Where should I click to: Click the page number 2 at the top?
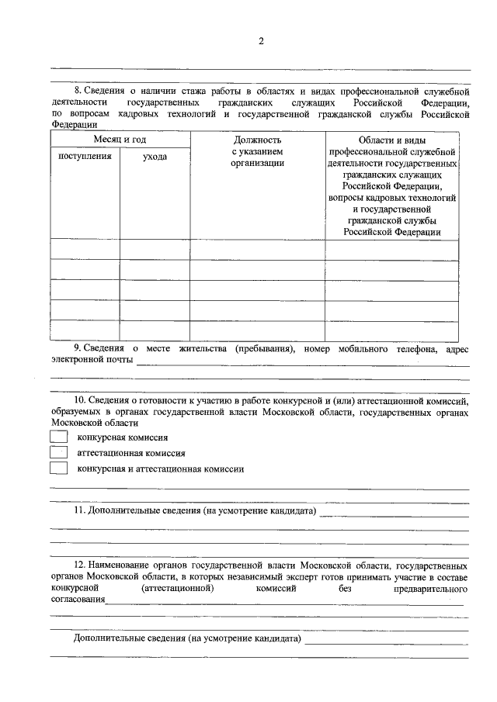pos(261,41)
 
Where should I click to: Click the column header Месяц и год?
pos(120,140)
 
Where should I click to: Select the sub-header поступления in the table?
pos(85,157)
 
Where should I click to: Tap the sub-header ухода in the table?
pos(155,157)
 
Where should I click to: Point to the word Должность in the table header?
pos(257,140)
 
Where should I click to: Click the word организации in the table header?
pos(257,163)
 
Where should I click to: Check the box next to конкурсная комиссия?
pos(59,437)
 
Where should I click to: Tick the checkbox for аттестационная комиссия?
pos(59,452)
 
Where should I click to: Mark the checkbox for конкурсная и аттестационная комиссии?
pos(59,468)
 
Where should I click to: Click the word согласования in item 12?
pos(78,600)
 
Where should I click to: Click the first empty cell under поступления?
pos(85,250)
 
